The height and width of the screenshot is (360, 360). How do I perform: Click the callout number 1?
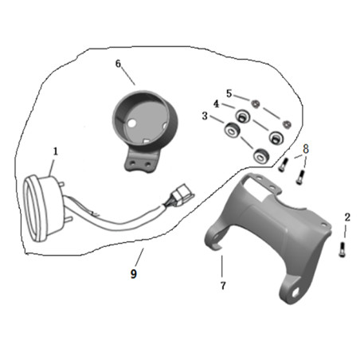[56, 151]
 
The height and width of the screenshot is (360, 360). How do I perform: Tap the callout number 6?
[118, 64]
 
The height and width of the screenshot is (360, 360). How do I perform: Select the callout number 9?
[134, 273]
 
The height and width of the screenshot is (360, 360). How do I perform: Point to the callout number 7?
[223, 286]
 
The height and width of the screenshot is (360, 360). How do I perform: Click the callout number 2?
[347, 217]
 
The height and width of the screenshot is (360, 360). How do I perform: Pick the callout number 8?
[306, 149]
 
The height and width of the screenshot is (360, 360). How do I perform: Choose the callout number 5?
[229, 93]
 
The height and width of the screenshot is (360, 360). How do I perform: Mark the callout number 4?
[217, 104]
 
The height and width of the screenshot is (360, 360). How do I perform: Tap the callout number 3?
[205, 116]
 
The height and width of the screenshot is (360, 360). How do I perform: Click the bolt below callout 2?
[342, 249]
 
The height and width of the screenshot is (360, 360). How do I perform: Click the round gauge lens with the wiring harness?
[35, 209]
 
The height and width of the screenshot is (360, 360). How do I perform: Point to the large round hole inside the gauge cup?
[132, 123]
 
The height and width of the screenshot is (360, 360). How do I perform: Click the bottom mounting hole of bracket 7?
[295, 293]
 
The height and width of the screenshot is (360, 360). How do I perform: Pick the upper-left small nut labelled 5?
[256, 104]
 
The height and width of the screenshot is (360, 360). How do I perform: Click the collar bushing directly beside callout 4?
[243, 116]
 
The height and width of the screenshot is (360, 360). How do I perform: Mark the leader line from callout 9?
[139, 257]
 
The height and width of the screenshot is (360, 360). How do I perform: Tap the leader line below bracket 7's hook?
[221, 266]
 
